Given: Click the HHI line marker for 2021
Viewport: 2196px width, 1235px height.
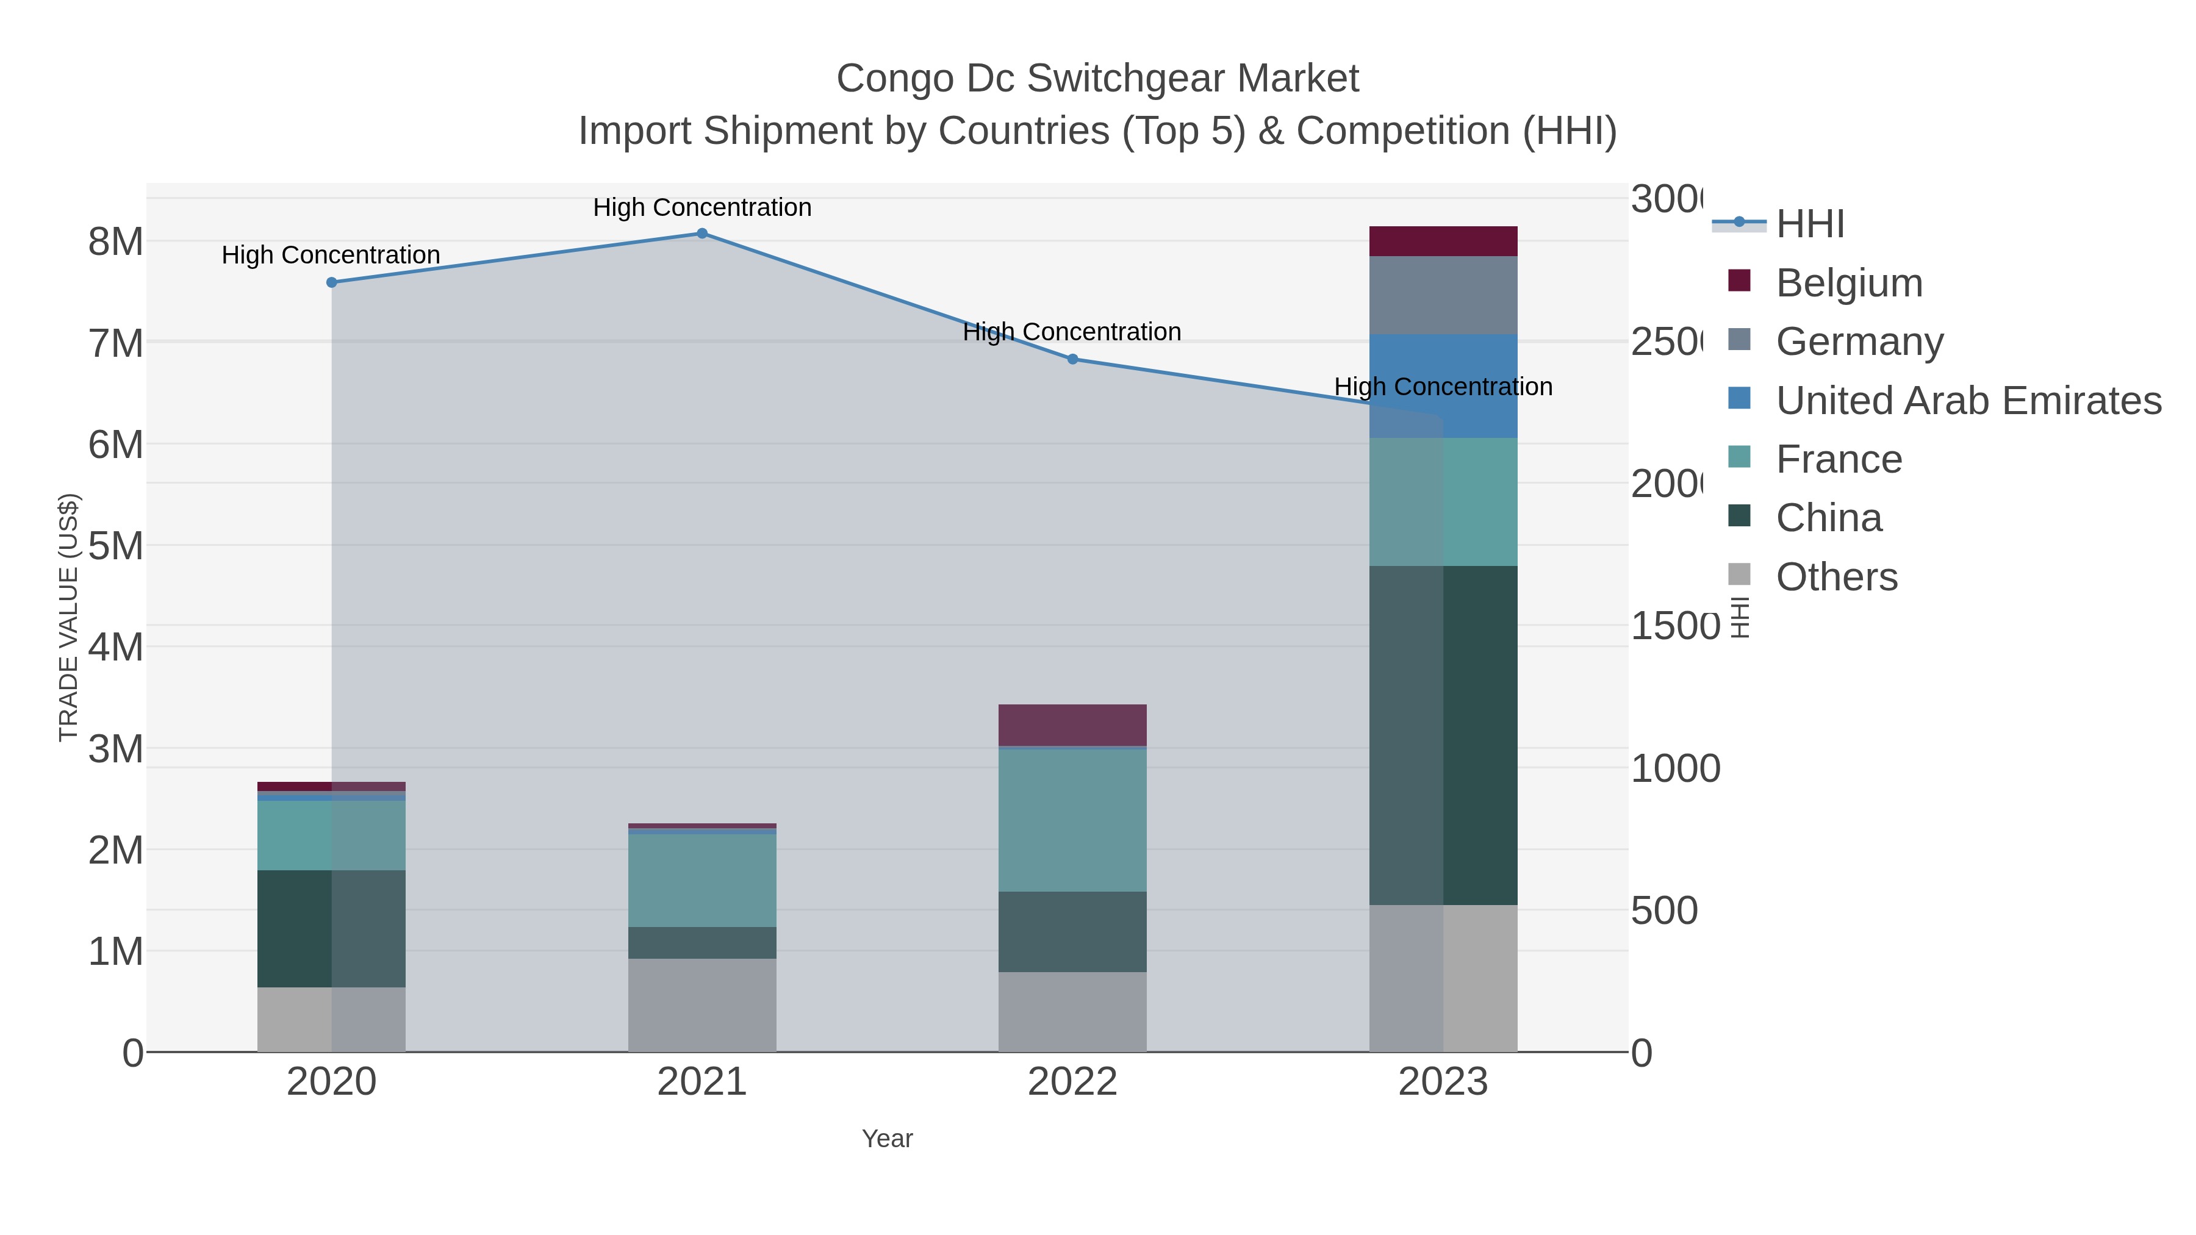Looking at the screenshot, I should coord(701,234).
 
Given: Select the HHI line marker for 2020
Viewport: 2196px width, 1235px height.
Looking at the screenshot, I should coord(332,282).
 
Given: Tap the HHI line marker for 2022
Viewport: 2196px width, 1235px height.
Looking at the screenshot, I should coord(1072,359).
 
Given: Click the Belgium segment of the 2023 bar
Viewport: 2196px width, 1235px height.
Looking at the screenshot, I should coord(1443,241).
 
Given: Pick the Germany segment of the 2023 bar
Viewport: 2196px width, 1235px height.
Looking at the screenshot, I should coord(1443,295).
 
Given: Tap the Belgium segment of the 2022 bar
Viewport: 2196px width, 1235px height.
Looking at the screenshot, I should coord(1072,725).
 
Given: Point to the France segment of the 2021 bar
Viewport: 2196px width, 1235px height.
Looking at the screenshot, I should coord(701,879).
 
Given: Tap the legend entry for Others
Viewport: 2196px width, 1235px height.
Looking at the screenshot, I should coord(1836,577).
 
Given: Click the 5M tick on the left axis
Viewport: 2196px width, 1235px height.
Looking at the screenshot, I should coord(116,545).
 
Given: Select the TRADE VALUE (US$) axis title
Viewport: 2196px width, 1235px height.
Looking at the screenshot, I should coord(68,617).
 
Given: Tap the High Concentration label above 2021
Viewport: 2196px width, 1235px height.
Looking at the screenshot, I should coord(701,207).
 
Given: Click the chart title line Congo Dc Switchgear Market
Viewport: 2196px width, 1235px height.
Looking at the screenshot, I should coord(1097,79).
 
